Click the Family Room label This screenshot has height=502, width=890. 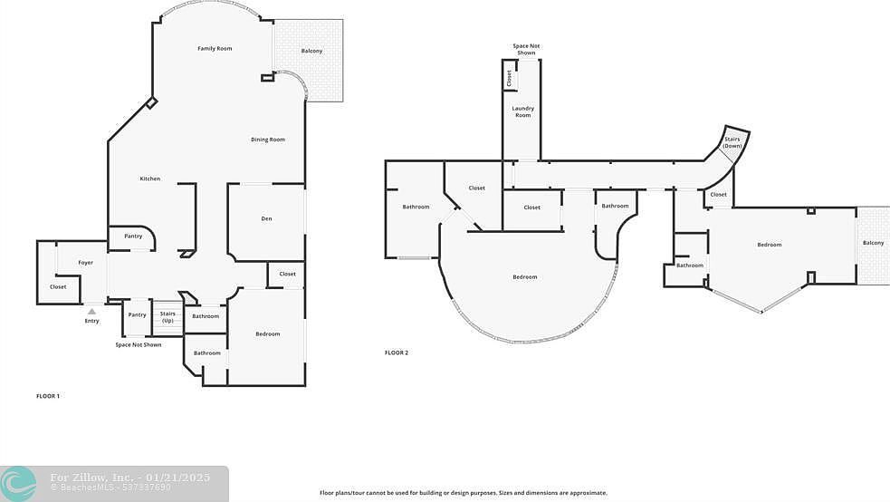[x=215, y=48]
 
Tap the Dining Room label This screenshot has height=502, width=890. [x=268, y=140]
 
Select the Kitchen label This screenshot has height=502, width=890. [x=149, y=179]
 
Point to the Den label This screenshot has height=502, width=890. [x=266, y=218]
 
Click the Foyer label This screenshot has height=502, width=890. [x=85, y=263]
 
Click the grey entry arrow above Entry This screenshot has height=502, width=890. [x=91, y=311]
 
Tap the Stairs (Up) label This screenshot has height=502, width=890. [x=167, y=317]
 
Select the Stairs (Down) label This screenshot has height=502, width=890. [x=732, y=142]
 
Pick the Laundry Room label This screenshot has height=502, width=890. [x=522, y=111]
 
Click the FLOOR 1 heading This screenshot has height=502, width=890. [x=48, y=396]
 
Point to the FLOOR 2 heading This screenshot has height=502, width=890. [x=396, y=352]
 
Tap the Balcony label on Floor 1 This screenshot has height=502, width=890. [x=311, y=51]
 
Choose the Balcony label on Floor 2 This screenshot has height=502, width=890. [x=873, y=243]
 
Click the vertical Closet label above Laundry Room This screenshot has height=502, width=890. [x=510, y=79]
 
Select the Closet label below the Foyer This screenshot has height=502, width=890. [x=58, y=287]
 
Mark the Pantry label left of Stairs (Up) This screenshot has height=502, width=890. [x=137, y=315]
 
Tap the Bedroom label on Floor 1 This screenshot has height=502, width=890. [x=267, y=334]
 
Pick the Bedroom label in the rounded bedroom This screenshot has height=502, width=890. [x=524, y=277]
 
